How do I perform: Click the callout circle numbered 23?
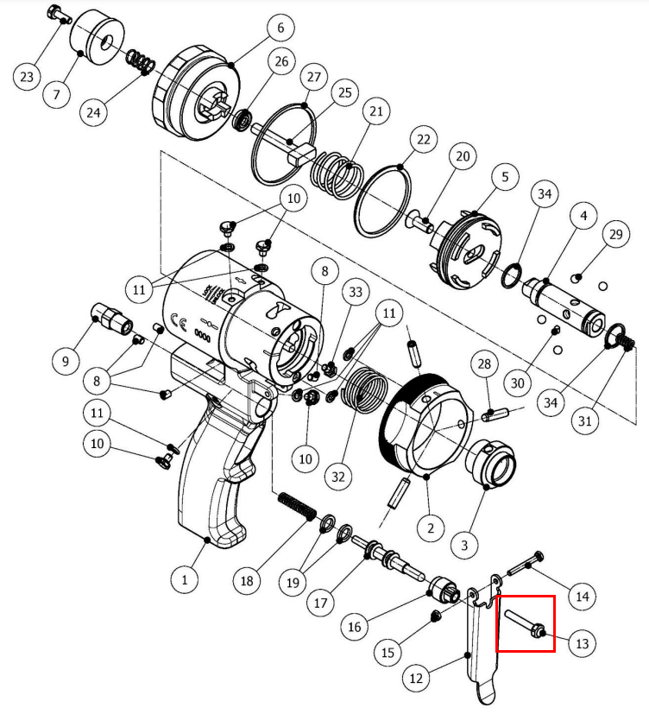pyautogui.click(x=27, y=76)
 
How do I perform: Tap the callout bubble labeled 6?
pyautogui.click(x=280, y=28)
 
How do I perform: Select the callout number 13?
pyautogui.click(x=582, y=643)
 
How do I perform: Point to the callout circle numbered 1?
pyautogui.click(x=185, y=579)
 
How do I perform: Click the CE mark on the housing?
pyautogui.click(x=178, y=320)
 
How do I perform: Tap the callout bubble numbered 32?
pyautogui.click(x=338, y=477)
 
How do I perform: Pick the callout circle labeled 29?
pyautogui.click(x=615, y=234)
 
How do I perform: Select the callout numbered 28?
pyautogui.click(x=484, y=363)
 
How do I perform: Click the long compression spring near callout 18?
pyautogui.click(x=297, y=506)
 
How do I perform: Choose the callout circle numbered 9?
pyautogui.click(x=66, y=361)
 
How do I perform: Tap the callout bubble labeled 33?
pyautogui.click(x=356, y=292)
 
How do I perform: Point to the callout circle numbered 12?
pyautogui.click(x=416, y=678)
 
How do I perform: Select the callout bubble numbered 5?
pyautogui.click(x=505, y=176)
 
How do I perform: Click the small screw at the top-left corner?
pyautogui.click(x=60, y=14)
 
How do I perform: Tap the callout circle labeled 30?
pyautogui.click(x=518, y=382)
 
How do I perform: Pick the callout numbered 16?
pyautogui.click(x=355, y=627)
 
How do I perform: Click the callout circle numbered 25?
pyautogui.click(x=345, y=92)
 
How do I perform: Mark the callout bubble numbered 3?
pyautogui.click(x=464, y=545)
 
